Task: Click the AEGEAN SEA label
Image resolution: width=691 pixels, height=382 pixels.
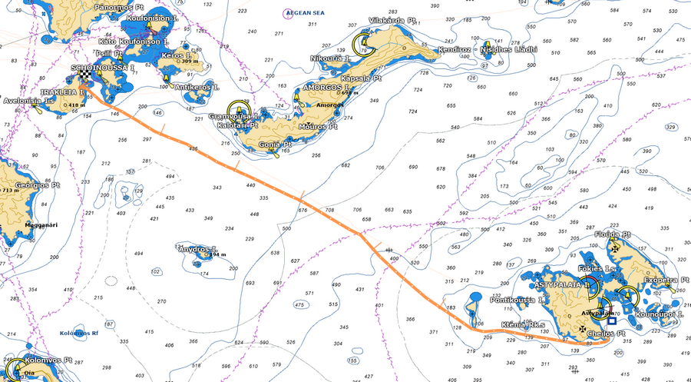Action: (304, 13)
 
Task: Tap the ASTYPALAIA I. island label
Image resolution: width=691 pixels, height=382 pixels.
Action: (559, 284)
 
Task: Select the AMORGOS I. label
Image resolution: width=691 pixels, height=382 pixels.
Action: (327, 88)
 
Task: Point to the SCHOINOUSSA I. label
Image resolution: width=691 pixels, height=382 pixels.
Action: (103, 68)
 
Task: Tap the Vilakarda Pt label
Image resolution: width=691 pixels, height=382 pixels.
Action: (392, 19)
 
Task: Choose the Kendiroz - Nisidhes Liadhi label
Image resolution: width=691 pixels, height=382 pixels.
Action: (488, 49)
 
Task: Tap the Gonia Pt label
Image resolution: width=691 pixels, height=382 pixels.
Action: (275, 144)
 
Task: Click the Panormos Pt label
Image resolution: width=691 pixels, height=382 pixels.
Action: (118, 5)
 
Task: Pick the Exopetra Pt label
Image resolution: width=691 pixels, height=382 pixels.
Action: (666, 281)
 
